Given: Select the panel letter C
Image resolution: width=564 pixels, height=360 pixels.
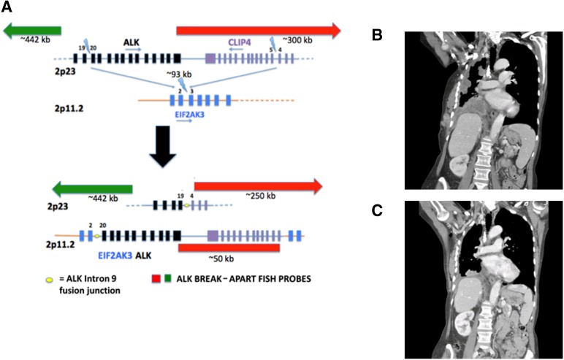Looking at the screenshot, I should click(x=377, y=210).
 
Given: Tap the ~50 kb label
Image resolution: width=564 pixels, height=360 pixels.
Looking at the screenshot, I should click(x=228, y=259).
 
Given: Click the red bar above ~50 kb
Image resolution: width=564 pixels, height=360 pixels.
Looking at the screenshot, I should click(x=229, y=248).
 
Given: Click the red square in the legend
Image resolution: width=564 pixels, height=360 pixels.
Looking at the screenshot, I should click(x=156, y=280).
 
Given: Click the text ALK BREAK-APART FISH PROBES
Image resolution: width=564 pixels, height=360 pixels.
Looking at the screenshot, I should click(x=237, y=280).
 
